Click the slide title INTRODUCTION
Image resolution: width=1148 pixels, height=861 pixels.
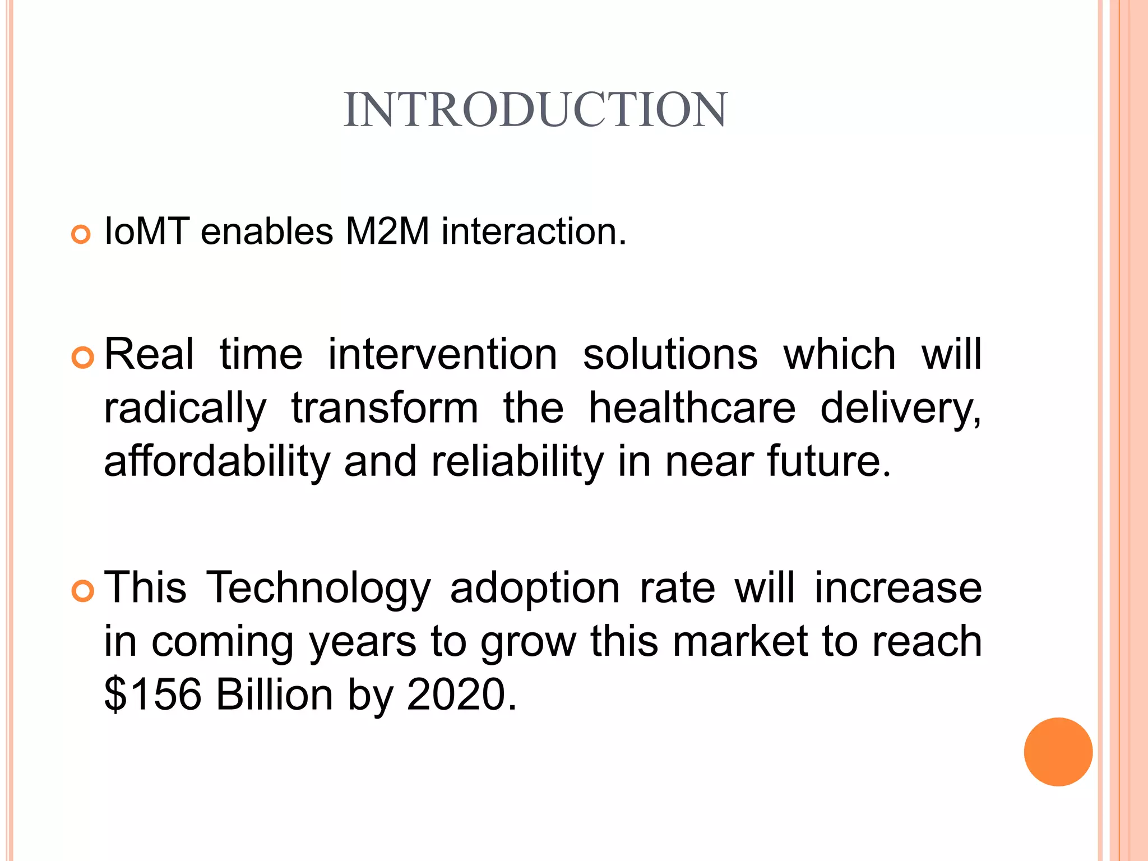(535, 109)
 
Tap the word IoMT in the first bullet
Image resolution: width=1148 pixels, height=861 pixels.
(146, 232)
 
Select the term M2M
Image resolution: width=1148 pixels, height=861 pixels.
(387, 232)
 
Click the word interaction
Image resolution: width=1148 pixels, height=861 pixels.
(533, 232)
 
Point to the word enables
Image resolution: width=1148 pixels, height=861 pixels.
(267, 232)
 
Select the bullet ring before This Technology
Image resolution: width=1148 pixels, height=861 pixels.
(83, 591)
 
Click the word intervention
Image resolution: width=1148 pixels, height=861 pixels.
(442, 354)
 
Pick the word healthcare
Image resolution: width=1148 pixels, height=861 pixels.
(692, 408)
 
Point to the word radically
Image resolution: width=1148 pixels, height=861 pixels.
(185, 409)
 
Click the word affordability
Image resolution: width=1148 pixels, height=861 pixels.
(217, 462)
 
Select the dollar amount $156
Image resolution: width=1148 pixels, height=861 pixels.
(152, 695)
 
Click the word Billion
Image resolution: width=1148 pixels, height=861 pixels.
(274, 695)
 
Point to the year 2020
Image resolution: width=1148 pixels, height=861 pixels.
(456, 695)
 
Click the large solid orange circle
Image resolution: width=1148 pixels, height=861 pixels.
(1058, 752)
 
